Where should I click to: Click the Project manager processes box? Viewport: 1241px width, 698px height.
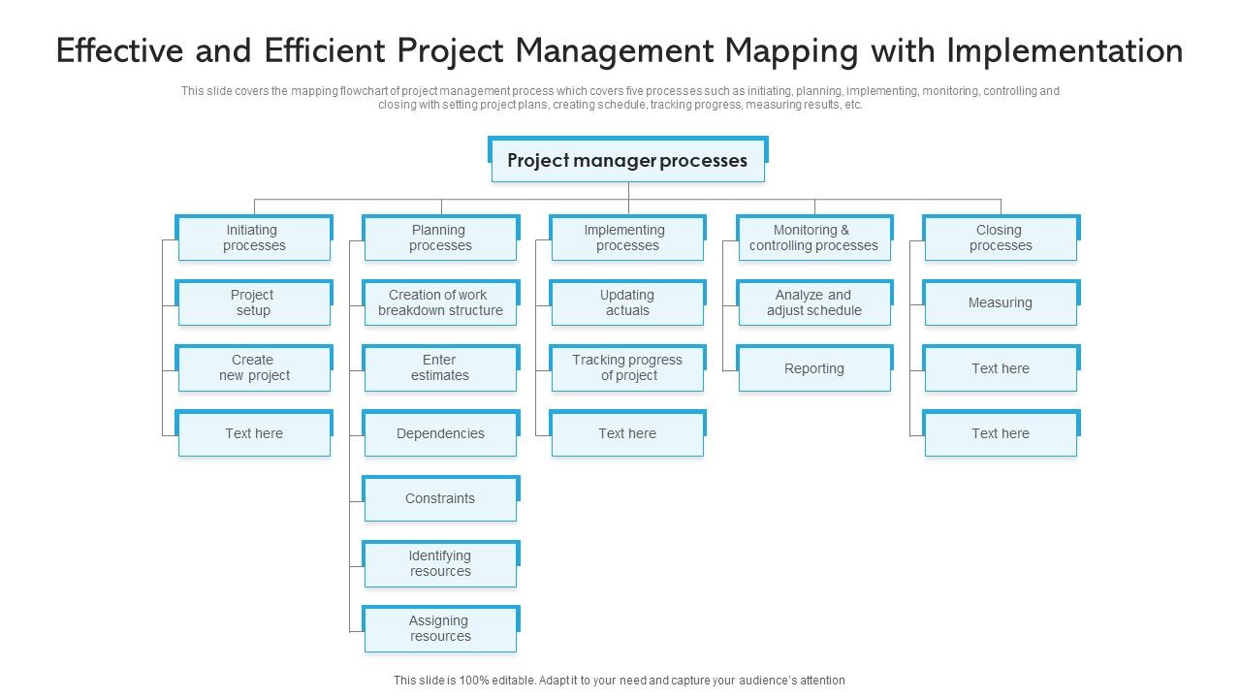[627, 161]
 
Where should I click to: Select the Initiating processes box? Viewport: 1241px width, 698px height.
[254, 238]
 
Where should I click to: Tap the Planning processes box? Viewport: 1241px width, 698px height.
[440, 238]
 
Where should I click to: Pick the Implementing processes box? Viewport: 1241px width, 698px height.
[627, 238]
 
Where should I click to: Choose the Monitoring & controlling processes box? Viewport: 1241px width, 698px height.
[813, 238]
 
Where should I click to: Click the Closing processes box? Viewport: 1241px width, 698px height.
[1001, 238]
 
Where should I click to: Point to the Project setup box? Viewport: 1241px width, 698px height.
[254, 303]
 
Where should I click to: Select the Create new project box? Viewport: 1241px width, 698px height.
[254, 368]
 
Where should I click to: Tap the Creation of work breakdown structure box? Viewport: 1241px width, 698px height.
[440, 303]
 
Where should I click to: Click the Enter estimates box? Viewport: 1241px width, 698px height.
[440, 368]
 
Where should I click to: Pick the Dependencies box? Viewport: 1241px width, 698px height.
[440, 433]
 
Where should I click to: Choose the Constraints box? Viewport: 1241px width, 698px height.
[440, 499]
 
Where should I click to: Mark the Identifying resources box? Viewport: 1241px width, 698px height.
[440, 564]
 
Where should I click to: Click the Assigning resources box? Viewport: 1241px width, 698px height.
[440, 629]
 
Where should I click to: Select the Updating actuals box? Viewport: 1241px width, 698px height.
[627, 303]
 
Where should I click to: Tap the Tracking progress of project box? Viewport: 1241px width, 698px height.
[627, 368]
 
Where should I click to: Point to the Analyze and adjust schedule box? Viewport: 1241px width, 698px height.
[813, 303]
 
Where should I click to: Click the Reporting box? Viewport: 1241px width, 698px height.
[813, 368]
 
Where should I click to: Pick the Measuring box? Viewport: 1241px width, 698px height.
[1001, 303]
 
